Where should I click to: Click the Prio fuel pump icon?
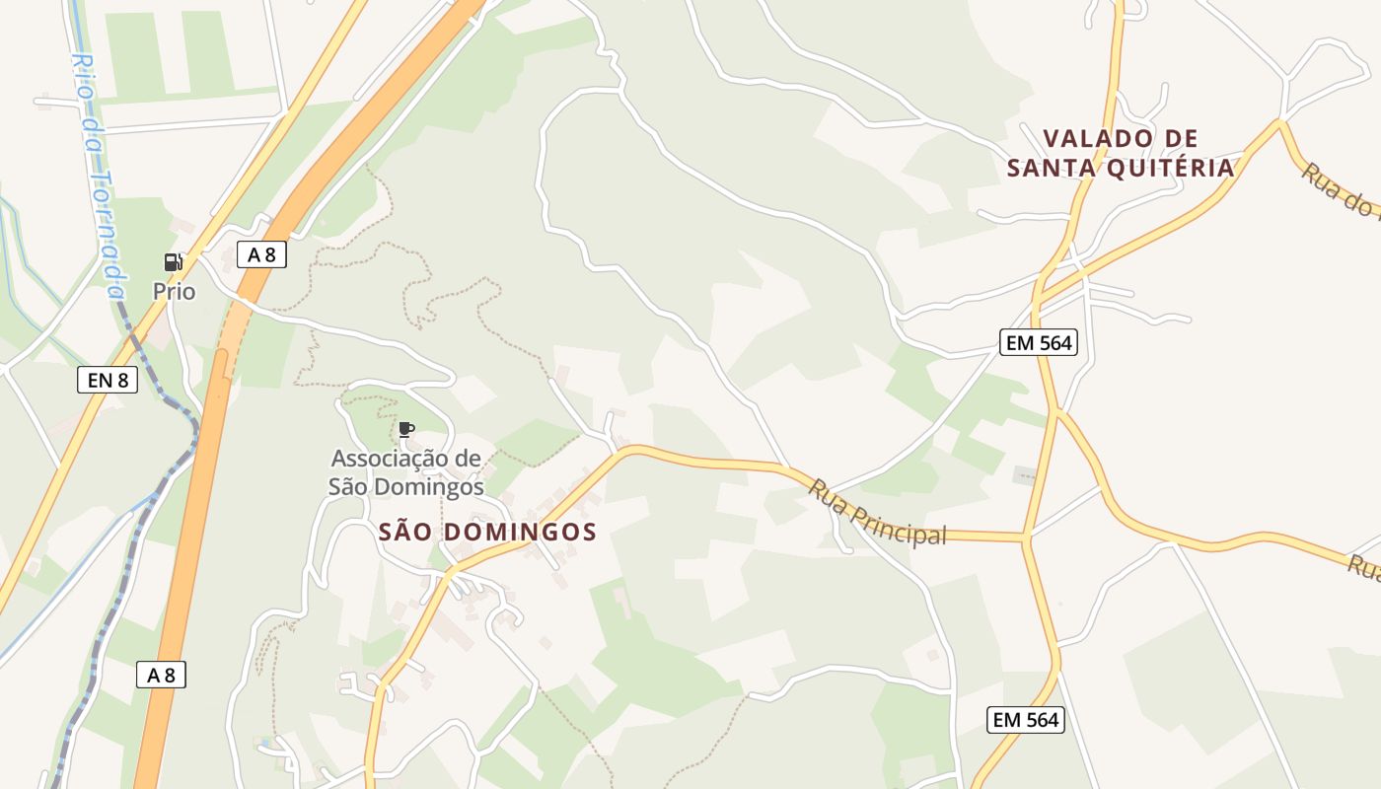coord(174,262)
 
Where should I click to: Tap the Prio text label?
coord(174,292)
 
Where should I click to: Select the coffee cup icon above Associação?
coord(405,429)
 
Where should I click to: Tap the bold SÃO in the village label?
coord(405,533)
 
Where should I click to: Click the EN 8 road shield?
coord(107,380)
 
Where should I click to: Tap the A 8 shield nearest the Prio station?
coord(261,254)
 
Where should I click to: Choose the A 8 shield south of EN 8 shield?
coord(161,676)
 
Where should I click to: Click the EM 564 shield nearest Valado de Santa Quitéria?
coord(1038,343)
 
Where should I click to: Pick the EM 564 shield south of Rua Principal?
coord(1026,720)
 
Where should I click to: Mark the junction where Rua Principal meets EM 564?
coord(1025,538)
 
